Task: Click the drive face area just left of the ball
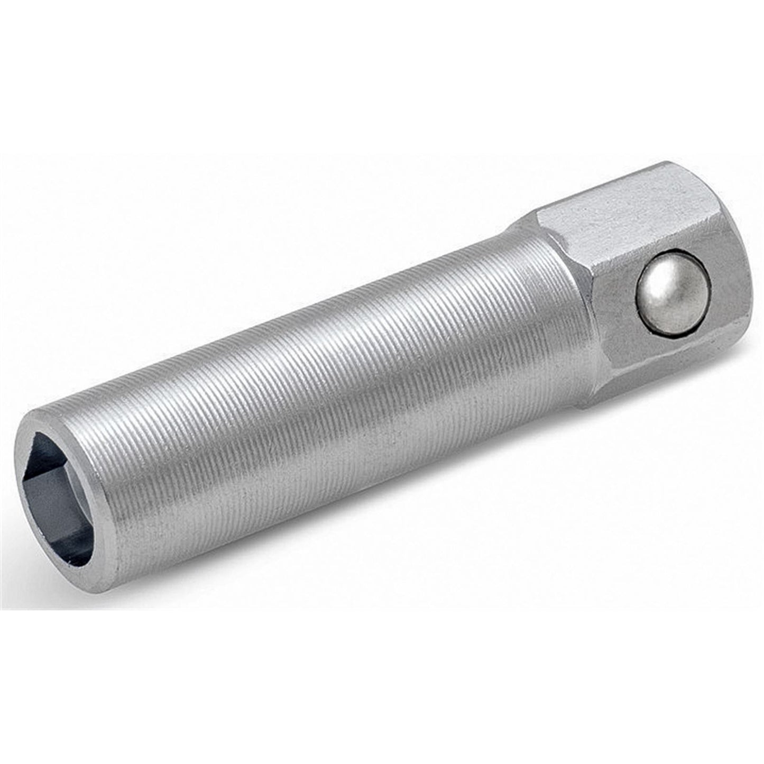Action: click(x=616, y=307)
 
